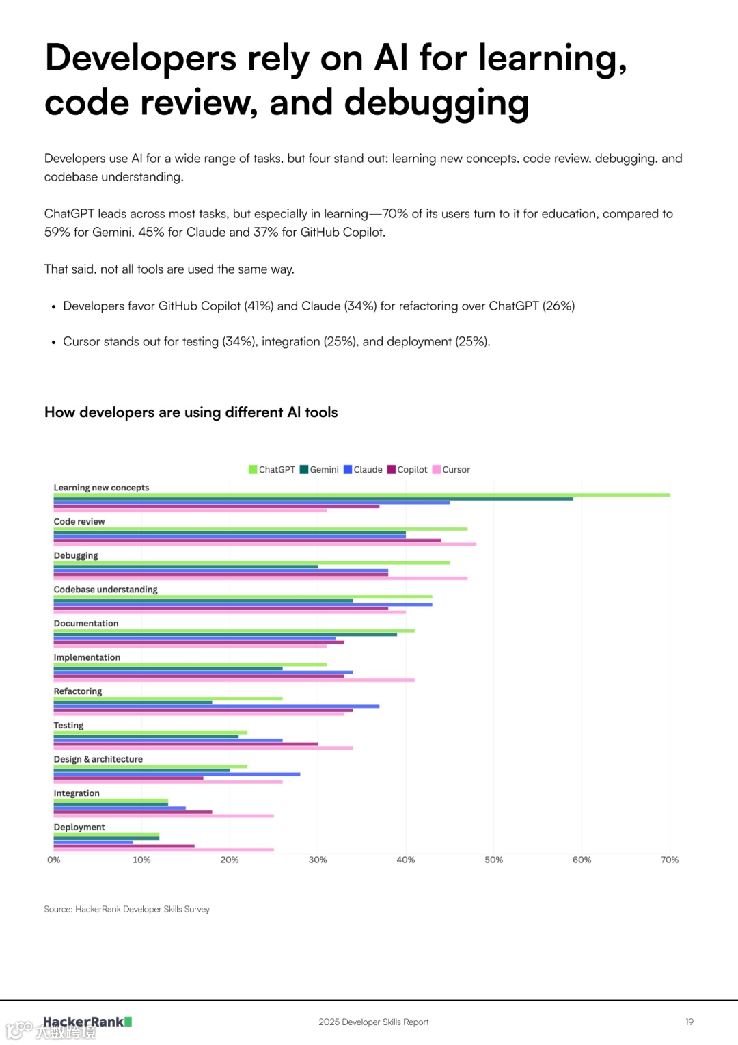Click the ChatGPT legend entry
(x=272, y=470)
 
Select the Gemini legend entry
(x=319, y=470)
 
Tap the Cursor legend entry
(x=451, y=470)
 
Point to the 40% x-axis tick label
(x=406, y=860)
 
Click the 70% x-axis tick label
(x=670, y=860)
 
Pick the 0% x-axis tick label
(x=54, y=860)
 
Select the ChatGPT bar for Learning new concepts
(x=361, y=494)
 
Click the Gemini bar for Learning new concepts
(x=313, y=499)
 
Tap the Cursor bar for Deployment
(x=164, y=850)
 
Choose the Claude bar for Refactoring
(x=217, y=706)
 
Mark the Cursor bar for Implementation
(x=234, y=680)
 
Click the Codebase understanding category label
(x=106, y=590)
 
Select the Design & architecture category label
(x=98, y=759)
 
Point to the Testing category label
(x=69, y=725)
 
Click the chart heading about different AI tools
(x=191, y=412)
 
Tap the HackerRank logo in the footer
(x=87, y=1022)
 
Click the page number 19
(x=689, y=1022)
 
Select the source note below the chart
(x=127, y=909)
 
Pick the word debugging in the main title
(x=437, y=103)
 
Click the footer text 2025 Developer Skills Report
(x=374, y=1022)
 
